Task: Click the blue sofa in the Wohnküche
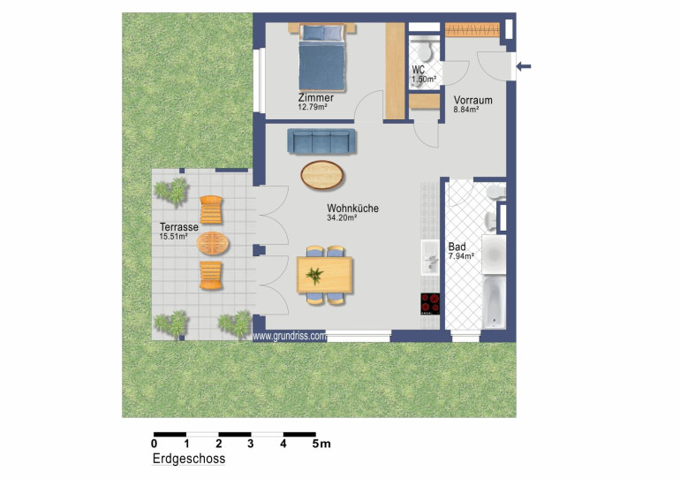tap(321, 141)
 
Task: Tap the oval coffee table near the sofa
tap(322, 175)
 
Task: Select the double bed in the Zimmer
tap(321, 57)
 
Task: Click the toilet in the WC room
tap(424, 51)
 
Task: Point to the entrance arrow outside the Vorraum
tap(524, 66)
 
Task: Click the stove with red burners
tap(430, 304)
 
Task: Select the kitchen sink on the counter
tap(430, 257)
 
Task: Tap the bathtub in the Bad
tap(494, 302)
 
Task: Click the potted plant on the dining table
tap(314, 276)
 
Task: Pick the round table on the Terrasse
tap(213, 243)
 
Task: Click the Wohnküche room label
tap(352, 209)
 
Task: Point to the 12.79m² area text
tap(313, 107)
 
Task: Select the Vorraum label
tap(472, 100)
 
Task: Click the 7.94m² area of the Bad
tap(461, 256)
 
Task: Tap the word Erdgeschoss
tap(189, 459)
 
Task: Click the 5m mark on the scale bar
tap(321, 444)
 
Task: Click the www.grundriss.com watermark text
tap(290, 336)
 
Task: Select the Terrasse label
tap(179, 227)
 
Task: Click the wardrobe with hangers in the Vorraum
tap(472, 29)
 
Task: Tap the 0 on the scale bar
tap(154, 444)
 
